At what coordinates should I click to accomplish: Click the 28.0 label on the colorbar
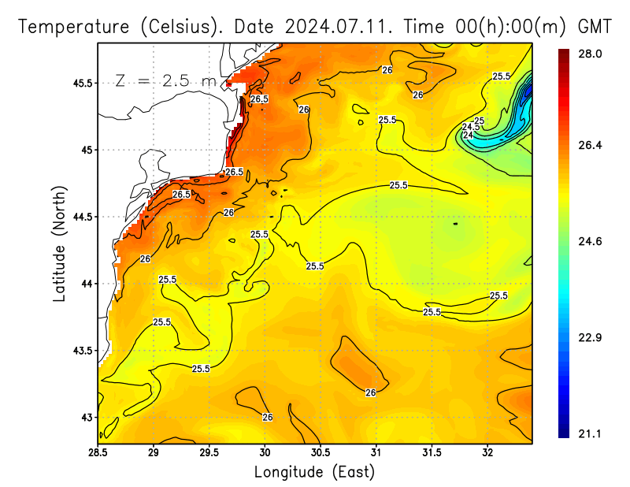(591, 54)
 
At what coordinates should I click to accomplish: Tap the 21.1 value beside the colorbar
(591, 433)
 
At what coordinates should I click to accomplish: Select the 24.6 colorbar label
(591, 241)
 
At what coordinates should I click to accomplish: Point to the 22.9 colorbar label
(591, 337)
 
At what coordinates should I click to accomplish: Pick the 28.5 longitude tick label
(98, 452)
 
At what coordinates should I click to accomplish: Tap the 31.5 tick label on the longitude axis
(432, 452)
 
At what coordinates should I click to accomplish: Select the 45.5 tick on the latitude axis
(81, 83)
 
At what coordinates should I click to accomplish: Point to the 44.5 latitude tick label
(81, 217)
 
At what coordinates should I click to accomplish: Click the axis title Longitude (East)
(314, 472)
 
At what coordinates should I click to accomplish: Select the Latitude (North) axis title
(59, 243)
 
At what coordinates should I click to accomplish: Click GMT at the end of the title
(595, 26)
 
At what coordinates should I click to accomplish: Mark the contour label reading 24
(468, 135)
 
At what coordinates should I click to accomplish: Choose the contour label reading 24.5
(470, 127)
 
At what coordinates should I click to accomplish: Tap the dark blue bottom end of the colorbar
(564, 433)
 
